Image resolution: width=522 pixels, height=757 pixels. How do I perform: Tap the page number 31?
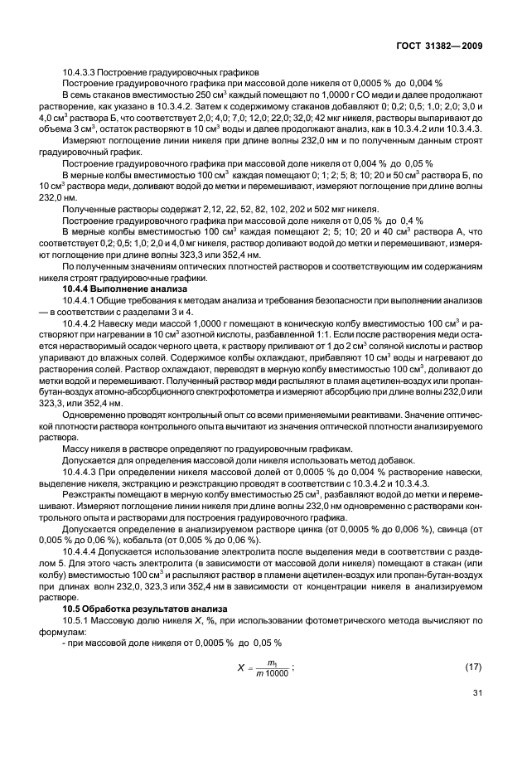[477, 716]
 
